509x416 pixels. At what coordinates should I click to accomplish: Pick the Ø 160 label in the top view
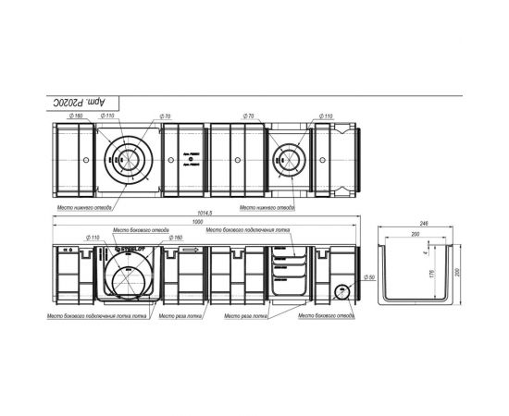75,116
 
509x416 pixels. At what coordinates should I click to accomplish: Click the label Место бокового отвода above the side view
140,230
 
